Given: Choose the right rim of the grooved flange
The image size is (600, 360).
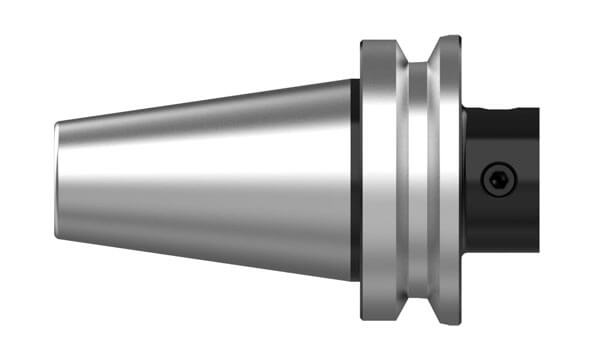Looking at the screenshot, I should (447, 180).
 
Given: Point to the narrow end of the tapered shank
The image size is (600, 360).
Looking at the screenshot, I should (57, 180).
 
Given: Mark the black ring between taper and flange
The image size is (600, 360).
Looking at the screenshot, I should (356, 180).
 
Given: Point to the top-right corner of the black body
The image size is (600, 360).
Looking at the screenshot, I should (538, 109).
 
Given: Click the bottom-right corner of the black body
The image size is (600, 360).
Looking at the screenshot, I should (538, 249).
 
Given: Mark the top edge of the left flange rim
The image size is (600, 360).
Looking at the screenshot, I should (380, 42).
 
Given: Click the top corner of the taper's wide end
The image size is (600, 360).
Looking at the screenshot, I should (351, 80).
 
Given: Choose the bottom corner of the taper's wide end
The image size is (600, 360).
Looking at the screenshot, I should (351, 279).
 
